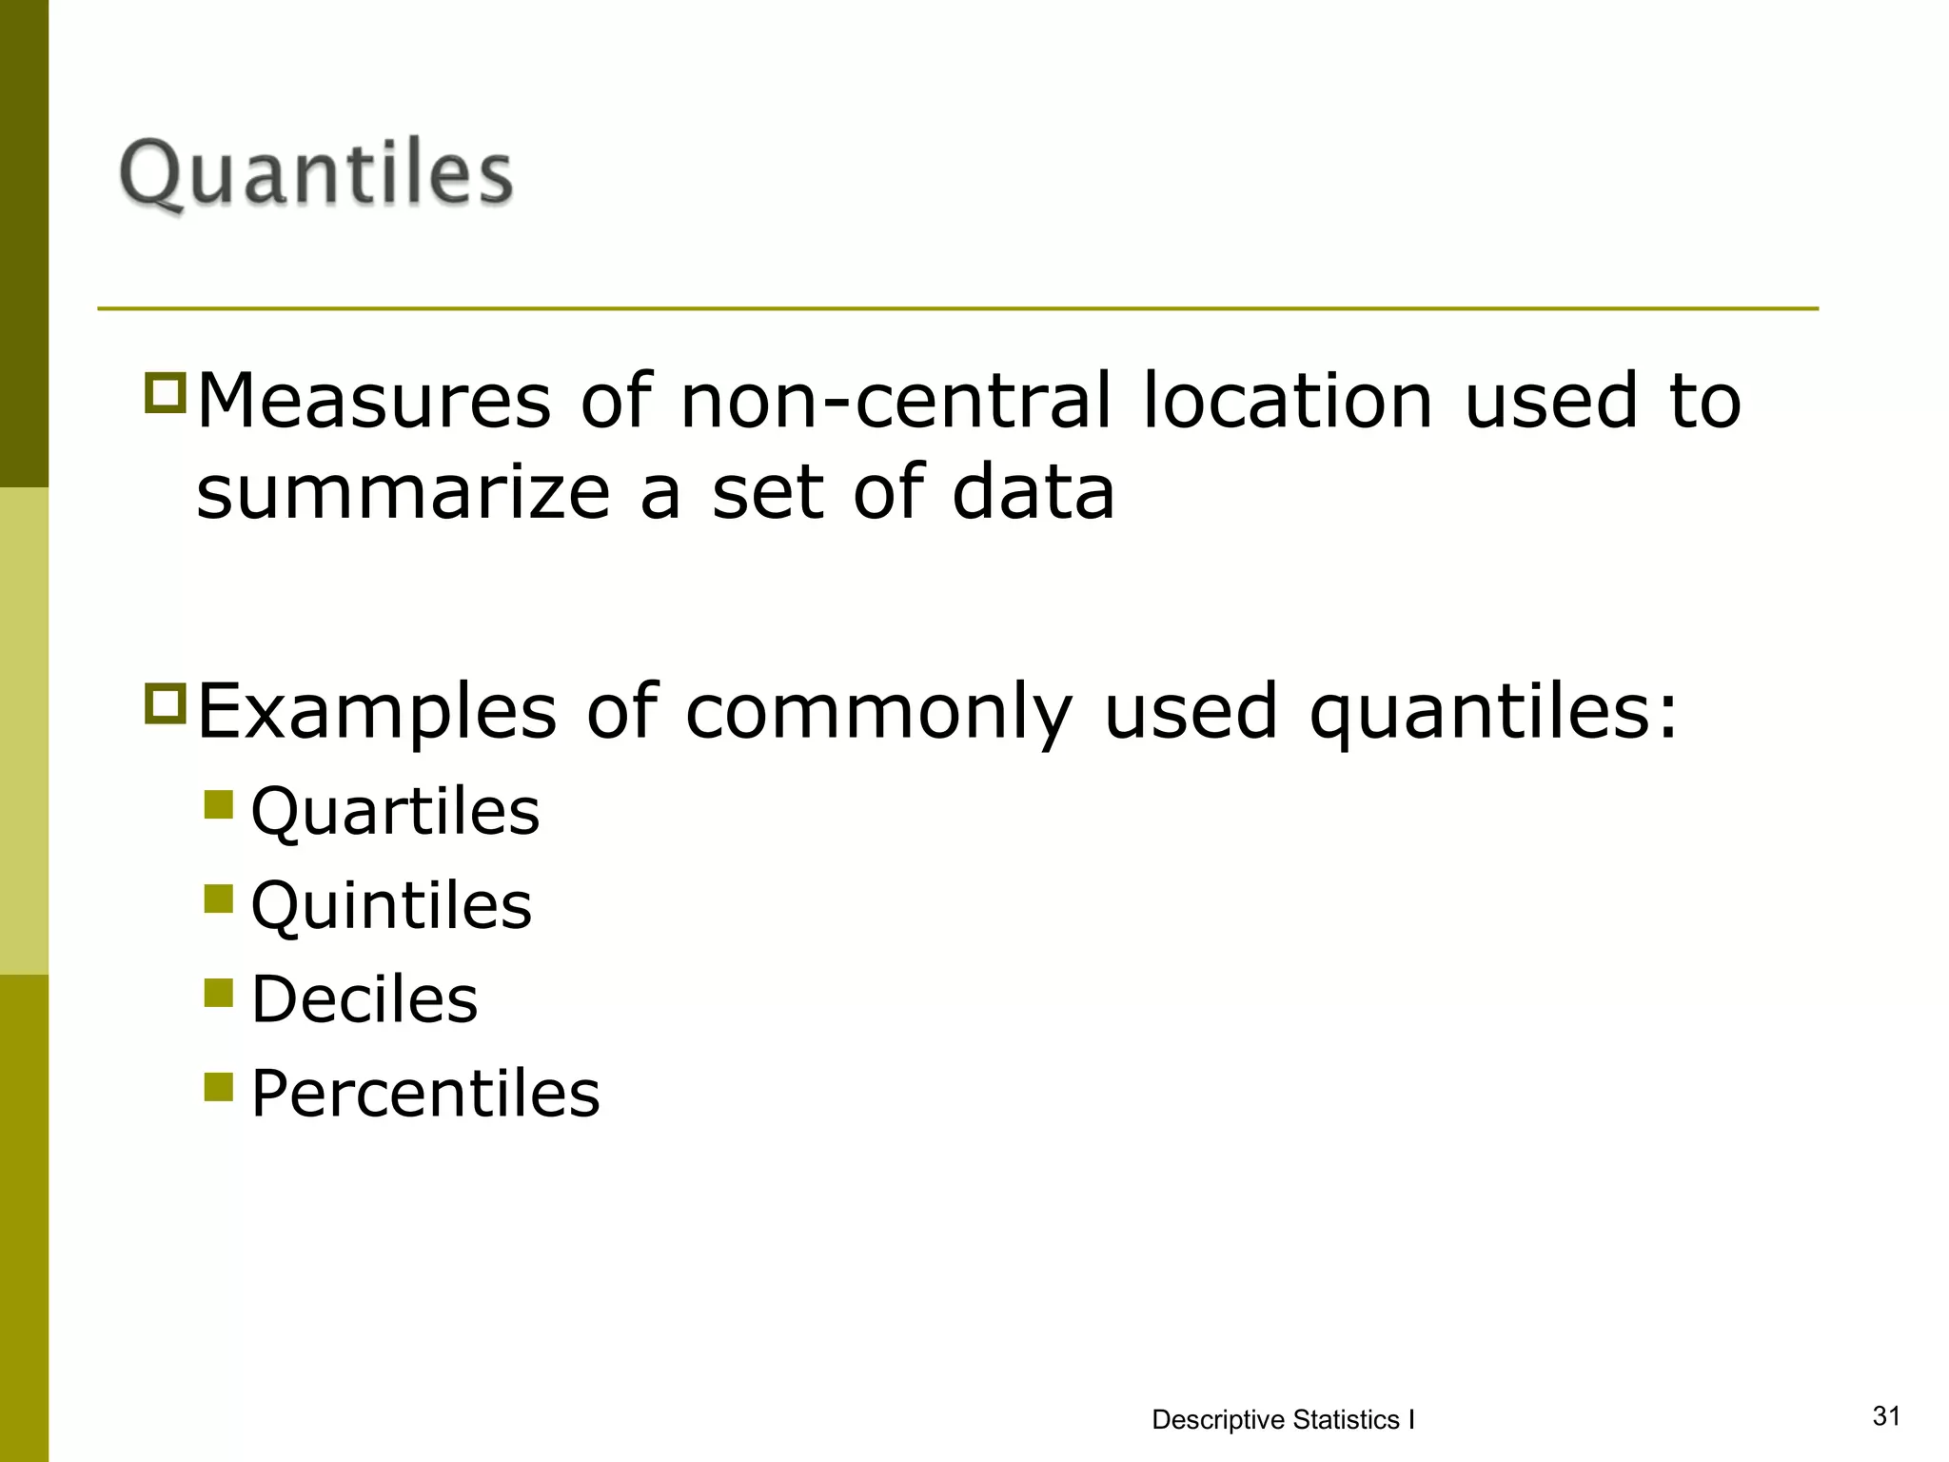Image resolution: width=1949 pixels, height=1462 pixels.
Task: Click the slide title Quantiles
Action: [x=316, y=173]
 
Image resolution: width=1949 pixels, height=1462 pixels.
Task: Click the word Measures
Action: [x=374, y=400]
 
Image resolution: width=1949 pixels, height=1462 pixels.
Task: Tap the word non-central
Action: [x=895, y=400]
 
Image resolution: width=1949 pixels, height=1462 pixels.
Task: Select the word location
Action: [x=1287, y=400]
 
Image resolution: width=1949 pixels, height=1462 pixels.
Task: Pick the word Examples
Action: [x=377, y=711]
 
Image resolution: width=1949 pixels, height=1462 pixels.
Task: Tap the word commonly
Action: [x=878, y=711]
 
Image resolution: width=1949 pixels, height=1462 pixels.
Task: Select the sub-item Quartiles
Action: [x=395, y=812]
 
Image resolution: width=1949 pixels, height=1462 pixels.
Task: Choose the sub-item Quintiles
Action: [x=391, y=905]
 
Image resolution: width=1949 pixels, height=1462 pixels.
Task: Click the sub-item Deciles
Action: [x=364, y=999]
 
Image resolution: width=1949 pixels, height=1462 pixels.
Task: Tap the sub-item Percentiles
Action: [x=425, y=1093]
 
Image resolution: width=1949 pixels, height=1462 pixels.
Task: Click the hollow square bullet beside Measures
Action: [x=166, y=392]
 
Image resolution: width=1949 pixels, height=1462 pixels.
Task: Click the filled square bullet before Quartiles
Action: [x=219, y=804]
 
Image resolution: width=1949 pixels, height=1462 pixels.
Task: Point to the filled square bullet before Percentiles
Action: [x=219, y=1086]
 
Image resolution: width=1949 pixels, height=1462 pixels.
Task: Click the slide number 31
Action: [x=1886, y=1416]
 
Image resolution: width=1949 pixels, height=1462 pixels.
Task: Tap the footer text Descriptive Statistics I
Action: [x=1283, y=1420]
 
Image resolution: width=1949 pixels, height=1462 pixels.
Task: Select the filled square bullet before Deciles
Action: [x=219, y=993]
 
